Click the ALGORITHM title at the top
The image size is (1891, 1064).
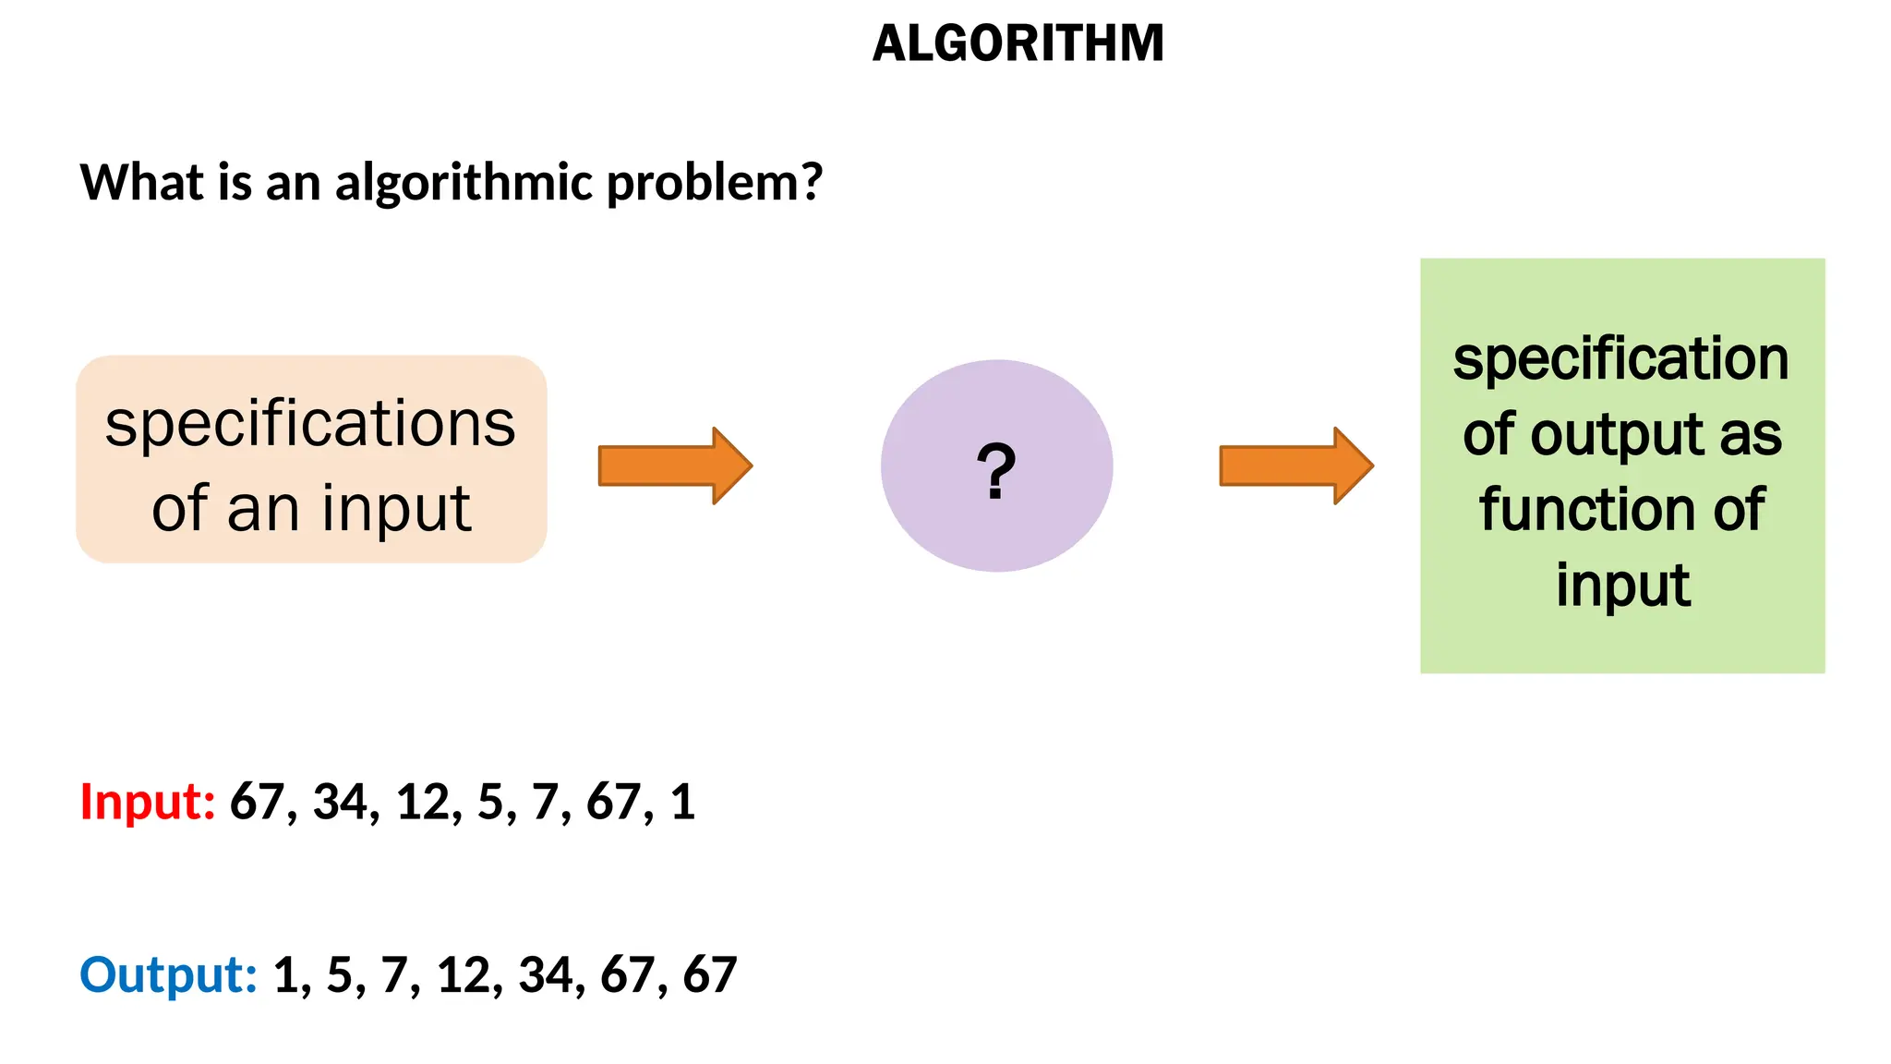coord(1018,43)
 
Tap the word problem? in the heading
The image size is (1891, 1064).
coord(714,183)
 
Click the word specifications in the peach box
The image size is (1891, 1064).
coord(310,424)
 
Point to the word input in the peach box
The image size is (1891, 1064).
coord(396,509)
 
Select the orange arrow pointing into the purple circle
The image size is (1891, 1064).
coord(675,465)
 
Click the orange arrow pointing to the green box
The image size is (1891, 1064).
coord(1295,465)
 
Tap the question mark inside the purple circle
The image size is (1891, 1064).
coord(996,471)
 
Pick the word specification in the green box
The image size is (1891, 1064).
coord(1620,359)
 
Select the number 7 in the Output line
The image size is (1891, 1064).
coord(395,975)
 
